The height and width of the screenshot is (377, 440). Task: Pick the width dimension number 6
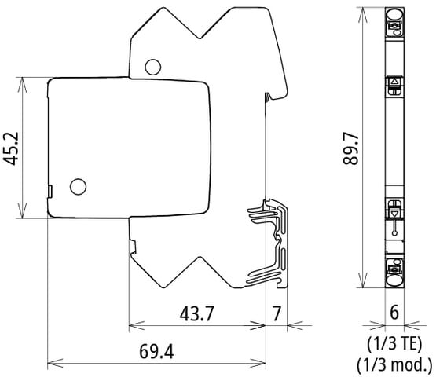point(394,313)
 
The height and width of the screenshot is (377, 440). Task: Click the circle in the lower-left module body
point(77,186)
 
